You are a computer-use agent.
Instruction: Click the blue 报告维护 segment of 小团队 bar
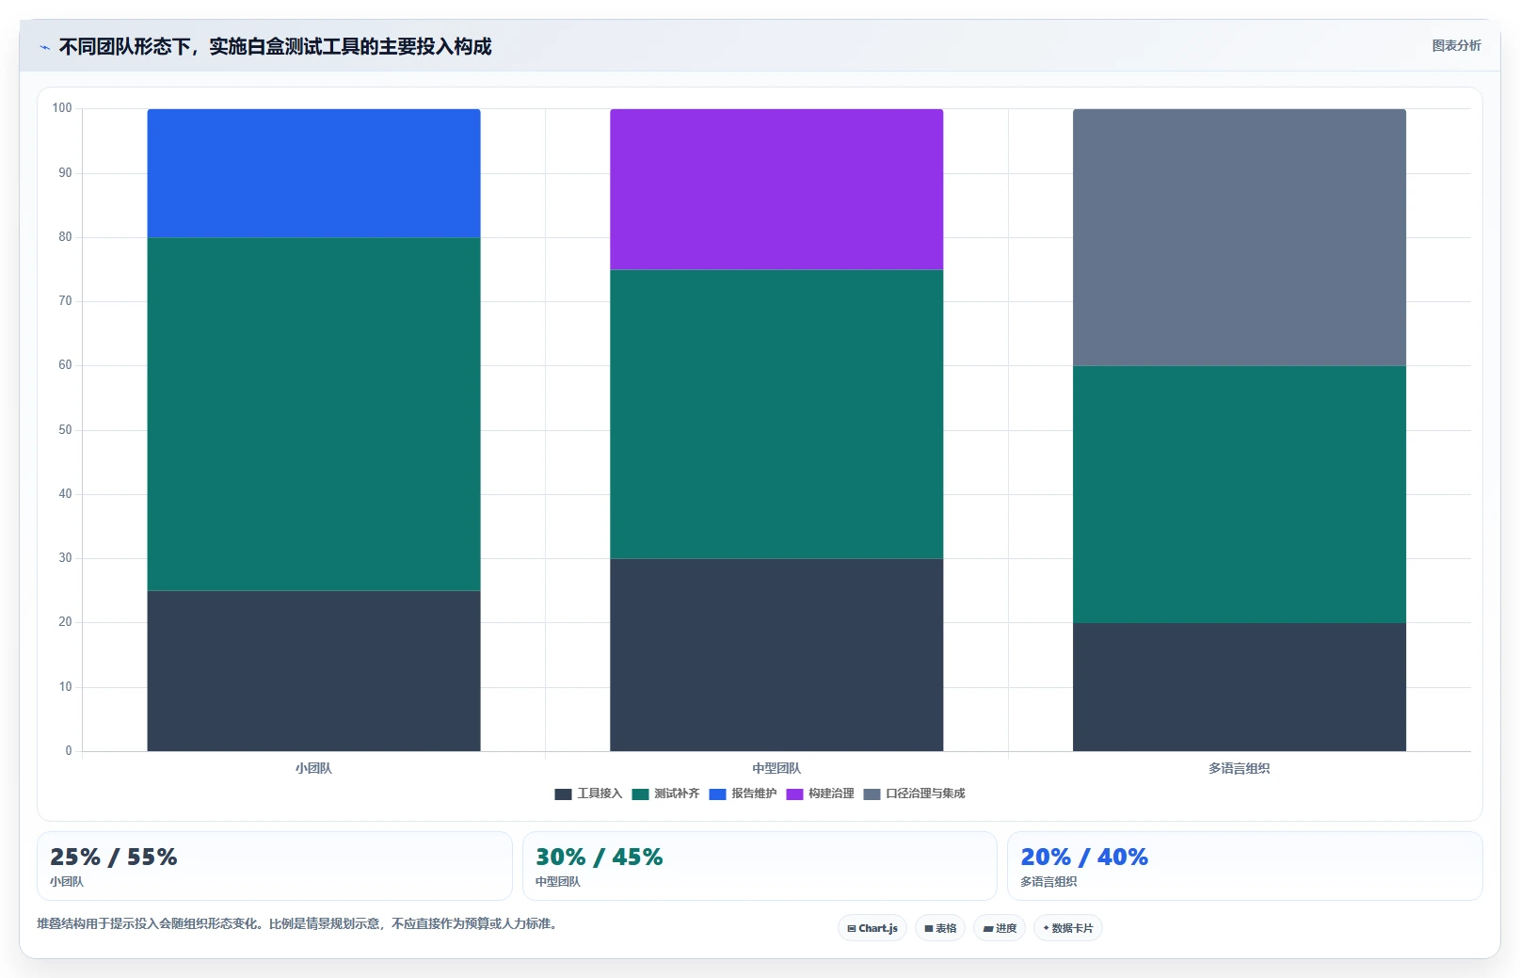tap(313, 173)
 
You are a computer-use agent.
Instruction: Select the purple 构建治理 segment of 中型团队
tap(776, 189)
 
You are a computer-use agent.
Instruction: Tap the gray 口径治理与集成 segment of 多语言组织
tap(1240, 237)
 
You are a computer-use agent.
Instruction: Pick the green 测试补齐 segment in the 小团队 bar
tap(313, 414)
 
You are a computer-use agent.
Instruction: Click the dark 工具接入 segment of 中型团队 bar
tap(776, 655)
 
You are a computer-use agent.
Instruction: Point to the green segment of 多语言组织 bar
tap(1240, 495)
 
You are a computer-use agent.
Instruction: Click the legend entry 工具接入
tap(588, 794)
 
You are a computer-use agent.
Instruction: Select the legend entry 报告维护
tap(743, 794)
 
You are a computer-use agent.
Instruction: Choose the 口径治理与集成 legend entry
tap(914, 794)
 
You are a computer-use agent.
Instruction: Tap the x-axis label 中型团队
tap(776, 768)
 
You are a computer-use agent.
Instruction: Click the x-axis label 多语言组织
tap(1240, 768)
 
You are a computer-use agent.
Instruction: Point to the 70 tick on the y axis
tap(65, 300)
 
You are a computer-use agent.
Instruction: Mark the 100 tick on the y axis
tap(62, 108)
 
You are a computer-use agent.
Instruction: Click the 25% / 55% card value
tap(113, 857)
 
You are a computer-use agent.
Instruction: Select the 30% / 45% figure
tap(600, 857)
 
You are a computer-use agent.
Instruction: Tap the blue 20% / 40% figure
tap(1084, 857)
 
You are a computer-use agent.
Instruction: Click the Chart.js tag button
tap(872, 928)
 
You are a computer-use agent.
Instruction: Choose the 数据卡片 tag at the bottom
tap(1067, 928)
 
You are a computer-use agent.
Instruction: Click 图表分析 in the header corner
tap(1456, 45)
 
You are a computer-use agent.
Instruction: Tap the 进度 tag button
tap(999, 928)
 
